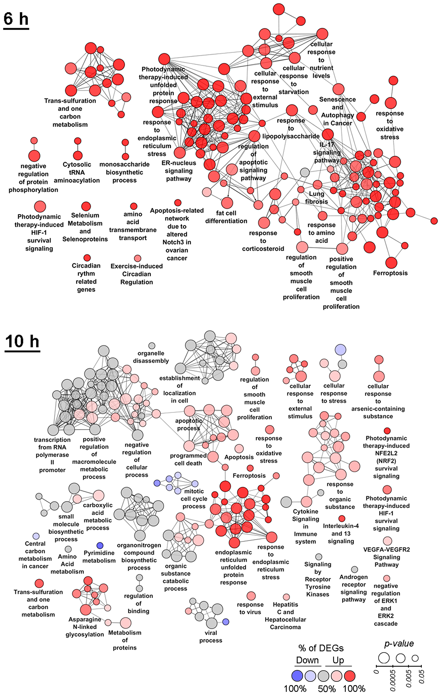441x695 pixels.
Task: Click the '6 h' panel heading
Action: click(16, 19)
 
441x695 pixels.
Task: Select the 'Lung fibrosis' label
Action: click(316, 198)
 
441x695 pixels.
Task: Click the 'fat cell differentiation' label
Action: click(226, 217)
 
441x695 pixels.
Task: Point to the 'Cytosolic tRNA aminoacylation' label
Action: click(77, 172)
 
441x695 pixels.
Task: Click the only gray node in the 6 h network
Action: click(305, 172)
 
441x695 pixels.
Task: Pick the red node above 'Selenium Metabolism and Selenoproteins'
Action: click(86, 206)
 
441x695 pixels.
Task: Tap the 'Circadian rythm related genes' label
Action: click(86, 277)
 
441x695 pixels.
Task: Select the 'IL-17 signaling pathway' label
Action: click(327, 152)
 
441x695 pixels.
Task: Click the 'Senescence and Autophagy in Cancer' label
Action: click(337, 111)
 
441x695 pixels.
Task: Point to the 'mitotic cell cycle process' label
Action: click(194, 499)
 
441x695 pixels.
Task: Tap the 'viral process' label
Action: click(211, 636)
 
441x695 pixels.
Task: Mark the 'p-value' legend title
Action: click(399, 643)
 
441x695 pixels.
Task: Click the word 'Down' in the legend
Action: click(307, 660)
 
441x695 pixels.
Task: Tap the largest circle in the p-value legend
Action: click(384, 658)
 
